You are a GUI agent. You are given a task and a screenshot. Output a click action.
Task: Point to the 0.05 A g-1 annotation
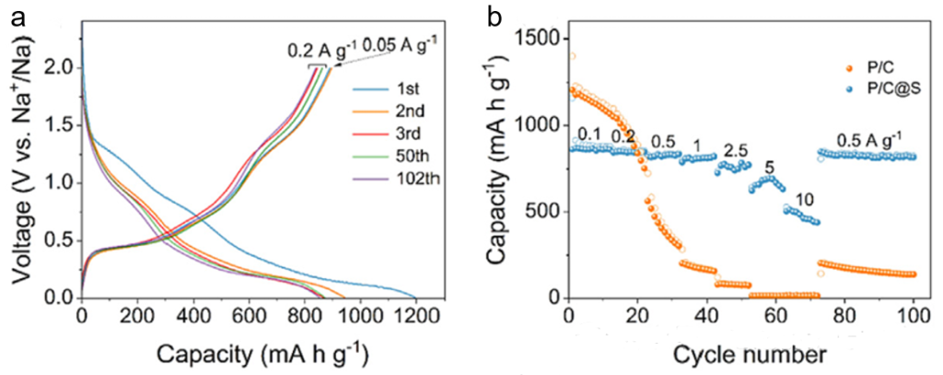(400, 43)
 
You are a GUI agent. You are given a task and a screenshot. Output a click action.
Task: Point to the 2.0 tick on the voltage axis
(61, 67)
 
